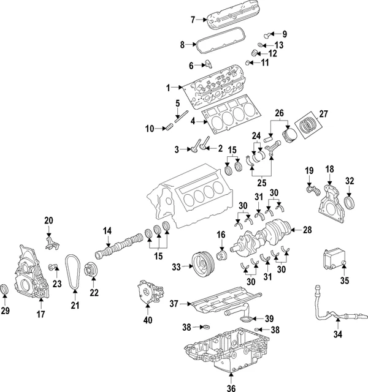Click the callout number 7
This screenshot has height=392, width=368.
193,20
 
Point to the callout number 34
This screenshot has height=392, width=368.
337,334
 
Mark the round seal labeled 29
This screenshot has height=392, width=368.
6,288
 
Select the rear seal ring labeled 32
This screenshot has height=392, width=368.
351,203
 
